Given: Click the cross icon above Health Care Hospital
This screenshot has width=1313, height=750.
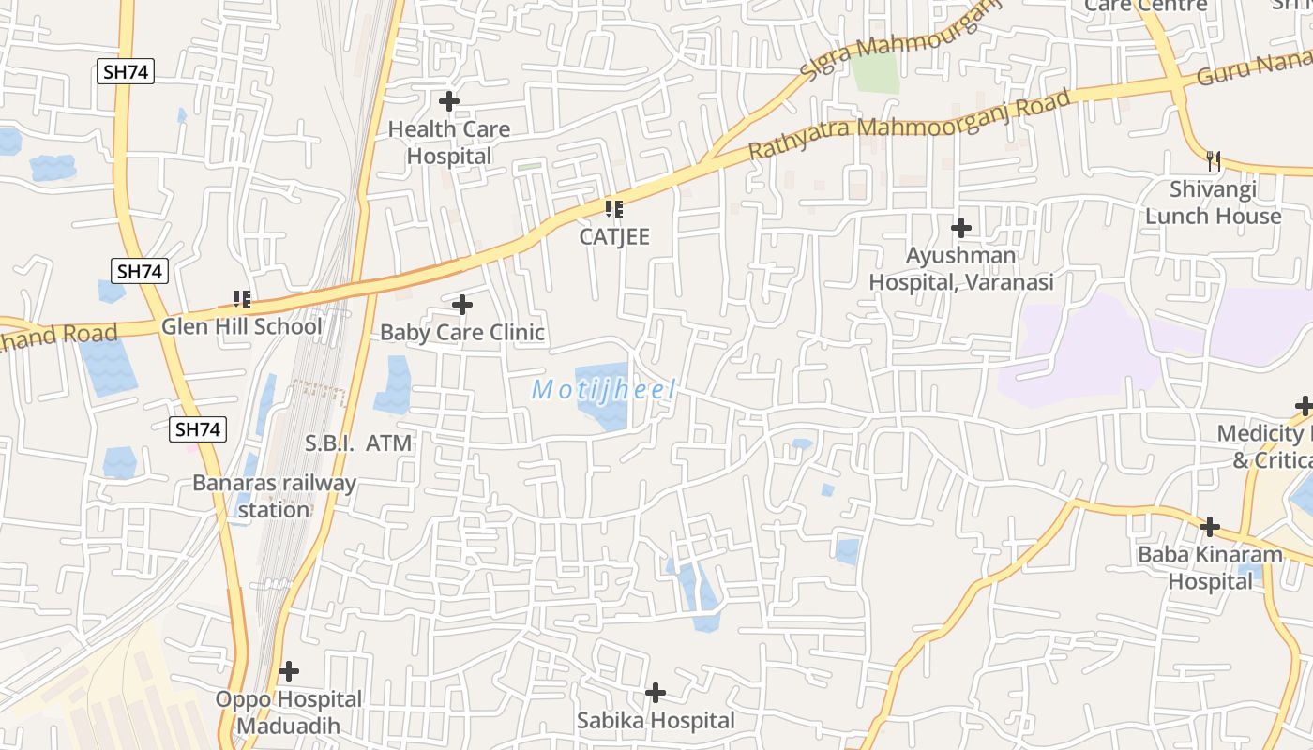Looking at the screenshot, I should [449, 101].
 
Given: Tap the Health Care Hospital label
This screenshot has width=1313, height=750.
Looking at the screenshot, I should [449, 142].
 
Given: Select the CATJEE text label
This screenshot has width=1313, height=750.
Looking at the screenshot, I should [614, 236].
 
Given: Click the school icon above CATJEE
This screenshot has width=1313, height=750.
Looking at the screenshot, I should [614, 208].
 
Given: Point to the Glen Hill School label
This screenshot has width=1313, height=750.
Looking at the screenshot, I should [241, 326].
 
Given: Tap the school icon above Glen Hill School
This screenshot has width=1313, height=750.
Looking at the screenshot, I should [242, 299].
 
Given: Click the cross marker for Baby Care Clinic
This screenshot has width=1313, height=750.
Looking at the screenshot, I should [462, 305].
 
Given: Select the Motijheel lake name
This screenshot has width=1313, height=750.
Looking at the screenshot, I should [603, 390].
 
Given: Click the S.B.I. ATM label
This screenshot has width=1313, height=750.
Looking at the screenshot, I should [358, 442].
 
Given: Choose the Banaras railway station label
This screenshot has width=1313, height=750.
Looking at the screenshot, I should [274, 497].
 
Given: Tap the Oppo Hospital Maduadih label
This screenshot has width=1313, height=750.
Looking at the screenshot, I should [288, 712].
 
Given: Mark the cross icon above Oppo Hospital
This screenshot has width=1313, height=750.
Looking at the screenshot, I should [289, 671].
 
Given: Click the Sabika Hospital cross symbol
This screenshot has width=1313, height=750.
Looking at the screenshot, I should [656, 693].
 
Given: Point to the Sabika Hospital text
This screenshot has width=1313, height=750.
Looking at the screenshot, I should [656, 721].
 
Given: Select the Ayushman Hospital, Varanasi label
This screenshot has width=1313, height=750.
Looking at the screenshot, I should [961, 268].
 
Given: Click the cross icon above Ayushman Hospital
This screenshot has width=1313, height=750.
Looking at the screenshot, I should [961, 228].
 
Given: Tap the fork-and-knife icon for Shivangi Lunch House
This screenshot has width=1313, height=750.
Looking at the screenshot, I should [1214, 160].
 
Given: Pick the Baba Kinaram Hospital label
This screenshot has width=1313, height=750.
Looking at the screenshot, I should [1210, 567].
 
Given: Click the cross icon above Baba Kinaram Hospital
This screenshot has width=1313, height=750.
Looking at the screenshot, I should [1210, 526].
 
